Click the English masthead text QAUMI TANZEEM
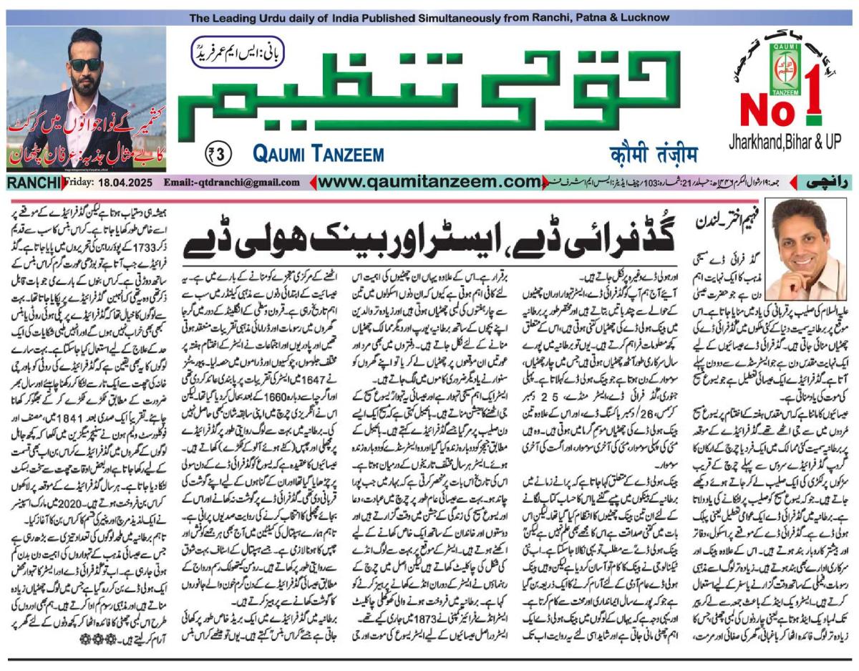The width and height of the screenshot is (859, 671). click(x=318, y=154)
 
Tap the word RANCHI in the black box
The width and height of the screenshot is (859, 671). click(x=34, y=184)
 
